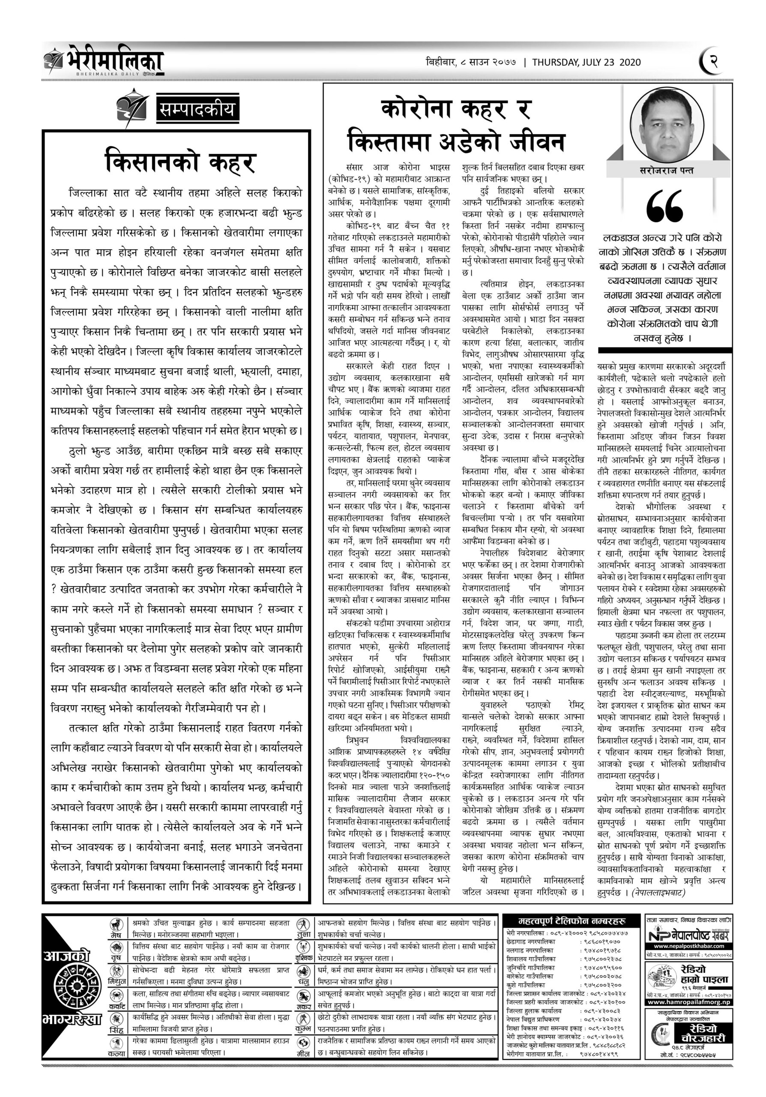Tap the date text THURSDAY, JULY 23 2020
(586, 62)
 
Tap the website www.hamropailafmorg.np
(690, 1002)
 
